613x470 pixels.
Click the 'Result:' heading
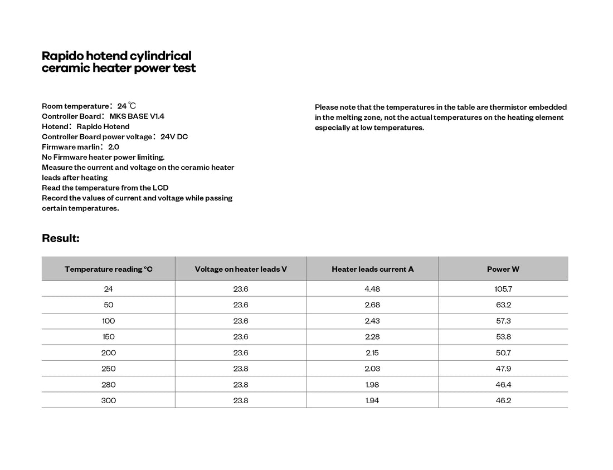(x=61, y=238)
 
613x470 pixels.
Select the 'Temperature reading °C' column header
(x=109, y=269)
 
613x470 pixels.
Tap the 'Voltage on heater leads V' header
(x=241, y=269)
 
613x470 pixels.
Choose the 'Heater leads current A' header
(x=372, y=269)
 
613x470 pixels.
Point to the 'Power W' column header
(x=503, y=269)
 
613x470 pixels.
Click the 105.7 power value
(x=503, y=289)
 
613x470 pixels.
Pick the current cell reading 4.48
(x=372, y=289)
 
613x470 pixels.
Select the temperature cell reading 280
(x=109, y=384)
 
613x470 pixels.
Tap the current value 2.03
(x=372, y=369)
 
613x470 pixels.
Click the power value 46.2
(x=503, y=400)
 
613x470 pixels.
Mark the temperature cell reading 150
(x=109, y=337)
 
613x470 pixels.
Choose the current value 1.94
(x=372, y=400)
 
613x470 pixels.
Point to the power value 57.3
(x=503, y=321)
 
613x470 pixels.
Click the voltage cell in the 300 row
(x=241, y=400)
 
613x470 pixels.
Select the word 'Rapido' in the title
(x=62, y=56)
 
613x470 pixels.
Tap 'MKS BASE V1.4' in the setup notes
(x=137, y=116)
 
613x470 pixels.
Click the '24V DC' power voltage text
(x=174, y=137)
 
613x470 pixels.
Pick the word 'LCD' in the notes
(x=160, y=188)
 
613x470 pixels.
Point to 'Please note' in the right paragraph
(x=333, y=107)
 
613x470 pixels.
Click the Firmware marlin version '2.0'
(x=114, y=147)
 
